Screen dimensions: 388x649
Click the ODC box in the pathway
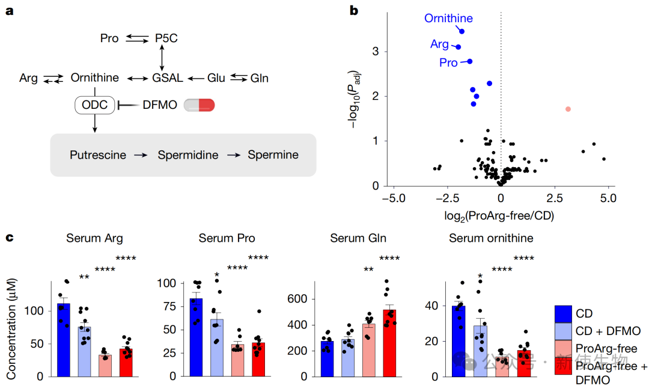95,105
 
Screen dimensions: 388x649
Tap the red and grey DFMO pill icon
199,105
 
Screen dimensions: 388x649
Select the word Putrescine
98,155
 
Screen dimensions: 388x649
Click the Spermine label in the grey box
273,155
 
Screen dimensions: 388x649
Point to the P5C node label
166,38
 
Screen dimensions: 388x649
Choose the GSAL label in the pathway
166,78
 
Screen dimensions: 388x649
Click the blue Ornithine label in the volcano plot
448,19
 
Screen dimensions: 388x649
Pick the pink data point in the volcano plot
567,109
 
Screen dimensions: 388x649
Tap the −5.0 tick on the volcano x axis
394,199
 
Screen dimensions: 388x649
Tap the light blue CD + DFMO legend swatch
562,330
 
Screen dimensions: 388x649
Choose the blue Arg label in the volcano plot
439,44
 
